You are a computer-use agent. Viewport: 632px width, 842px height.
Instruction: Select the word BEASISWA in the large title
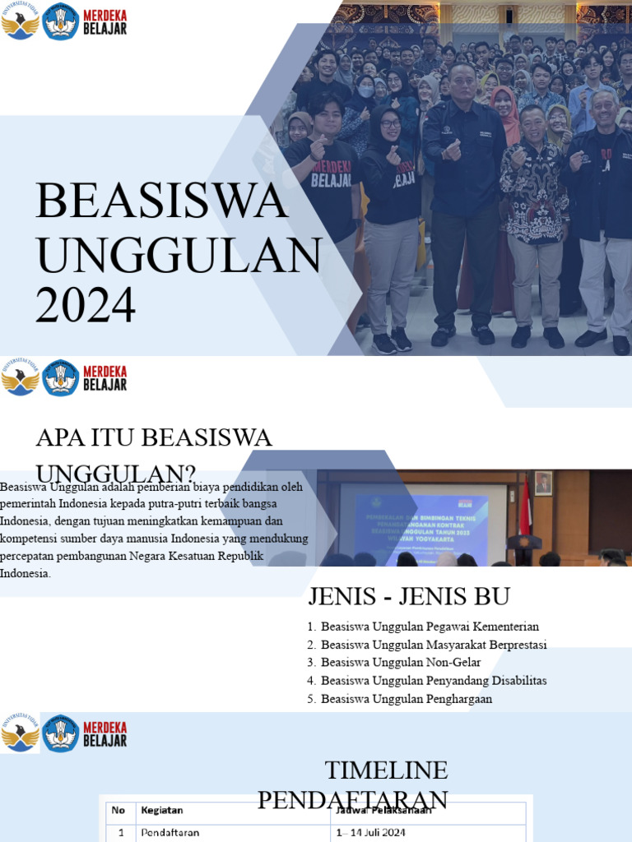coord(163,202)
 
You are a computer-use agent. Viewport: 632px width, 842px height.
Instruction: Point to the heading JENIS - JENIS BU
coord(409,596)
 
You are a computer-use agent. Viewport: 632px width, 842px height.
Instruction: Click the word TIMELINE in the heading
coord(387,770)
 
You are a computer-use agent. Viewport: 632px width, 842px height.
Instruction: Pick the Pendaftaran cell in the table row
coord(170,832)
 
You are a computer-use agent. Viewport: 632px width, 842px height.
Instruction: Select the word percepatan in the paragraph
coord(30,556)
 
